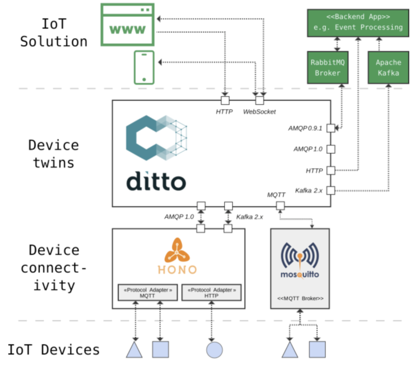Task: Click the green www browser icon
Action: pos(127,25)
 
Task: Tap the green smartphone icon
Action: pos(144,68)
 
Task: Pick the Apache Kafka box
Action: pos(388,68)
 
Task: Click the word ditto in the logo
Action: pos(156,181)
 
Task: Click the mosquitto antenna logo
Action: pos(300,257)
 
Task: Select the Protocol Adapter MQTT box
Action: pos(147,293)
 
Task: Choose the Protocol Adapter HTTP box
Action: pos(211,293)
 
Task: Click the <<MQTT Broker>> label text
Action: pos(300,299)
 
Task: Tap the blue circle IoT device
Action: pos(214,350)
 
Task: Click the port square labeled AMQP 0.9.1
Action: pos(331,128)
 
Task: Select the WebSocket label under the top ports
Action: pos(259,112)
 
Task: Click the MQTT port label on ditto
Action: pos(276,195)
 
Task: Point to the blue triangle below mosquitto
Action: pos(290,350)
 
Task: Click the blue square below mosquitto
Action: pos(317,349)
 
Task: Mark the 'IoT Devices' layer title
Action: pos(54,350)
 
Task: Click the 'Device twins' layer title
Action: pos(53,154)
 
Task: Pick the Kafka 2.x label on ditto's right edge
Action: pos(309,191)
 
